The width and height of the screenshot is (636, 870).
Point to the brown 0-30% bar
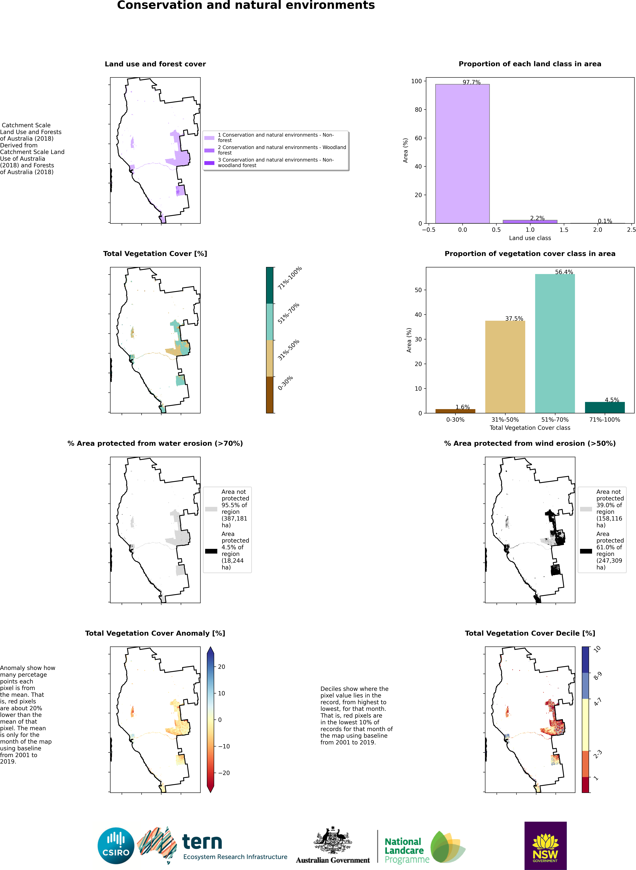[455, 411]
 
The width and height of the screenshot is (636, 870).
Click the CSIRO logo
[116, 846]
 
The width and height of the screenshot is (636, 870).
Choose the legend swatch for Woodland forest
[209, 150]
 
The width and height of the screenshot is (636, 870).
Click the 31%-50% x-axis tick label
[505, 419]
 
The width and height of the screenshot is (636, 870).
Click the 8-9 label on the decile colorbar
[598, 676]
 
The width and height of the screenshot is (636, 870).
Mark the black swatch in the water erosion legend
[211, 551]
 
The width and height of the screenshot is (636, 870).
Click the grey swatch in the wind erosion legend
[586, 509]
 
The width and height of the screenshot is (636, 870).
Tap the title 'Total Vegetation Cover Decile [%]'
[530, 633]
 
